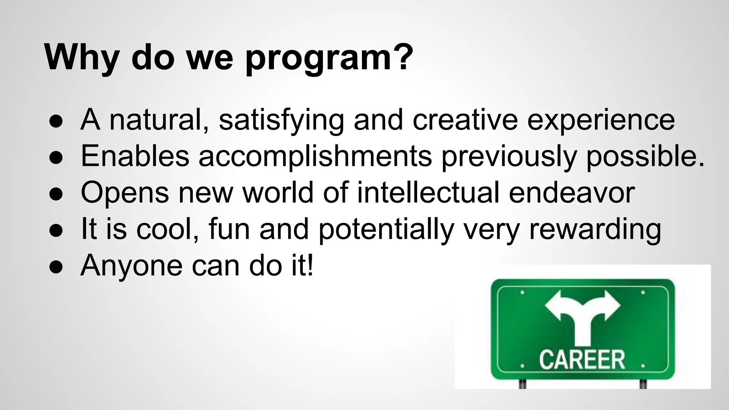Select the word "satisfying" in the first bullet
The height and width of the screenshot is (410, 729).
click(x=281, y=120)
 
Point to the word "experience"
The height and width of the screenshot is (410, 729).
click(x=601, y=120)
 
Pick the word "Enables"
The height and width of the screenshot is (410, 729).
click(x=135, y=157)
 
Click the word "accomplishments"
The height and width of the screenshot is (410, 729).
click(x=315, y=157)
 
